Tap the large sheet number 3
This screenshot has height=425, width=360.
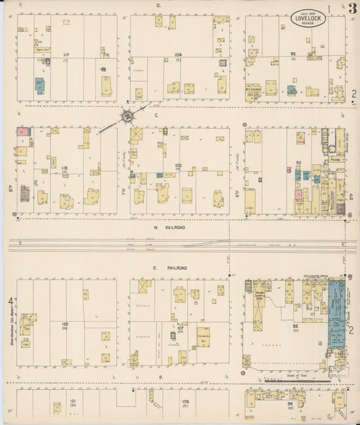coord(353,9)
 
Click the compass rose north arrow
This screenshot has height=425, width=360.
coord(126,116)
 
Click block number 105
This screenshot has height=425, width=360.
coord(178,165)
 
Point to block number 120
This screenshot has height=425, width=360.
coord(65,325)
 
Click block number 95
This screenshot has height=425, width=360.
coord(295,326)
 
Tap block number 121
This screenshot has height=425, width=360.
coord(54,401)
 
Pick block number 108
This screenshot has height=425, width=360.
coord(185,401)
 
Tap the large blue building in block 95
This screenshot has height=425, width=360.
coord(336,314)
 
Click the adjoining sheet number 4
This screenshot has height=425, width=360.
coord(10,300)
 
